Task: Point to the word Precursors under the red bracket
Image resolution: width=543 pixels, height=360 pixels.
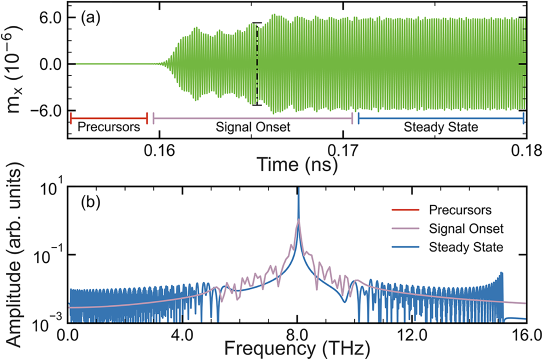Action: pos(108,127)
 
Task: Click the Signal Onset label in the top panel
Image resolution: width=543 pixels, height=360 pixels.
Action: pos(253,127)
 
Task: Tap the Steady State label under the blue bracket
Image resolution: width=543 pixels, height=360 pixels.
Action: pos(440,127)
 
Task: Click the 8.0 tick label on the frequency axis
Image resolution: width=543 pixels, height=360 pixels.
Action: pos(298,332)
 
